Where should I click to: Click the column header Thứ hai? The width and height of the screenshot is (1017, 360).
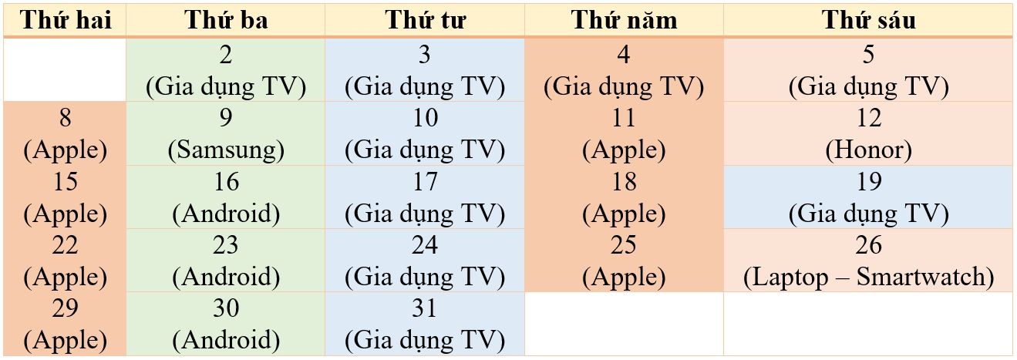pos(65,21)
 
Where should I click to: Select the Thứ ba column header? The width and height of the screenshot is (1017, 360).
pos(226,21)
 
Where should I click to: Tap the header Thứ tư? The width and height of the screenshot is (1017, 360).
pos(425,21)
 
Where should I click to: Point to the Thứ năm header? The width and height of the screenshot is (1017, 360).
pos(625,21)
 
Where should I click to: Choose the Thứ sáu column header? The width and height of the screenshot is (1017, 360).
pos(868,21)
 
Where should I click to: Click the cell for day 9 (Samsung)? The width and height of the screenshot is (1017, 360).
pos(226,133)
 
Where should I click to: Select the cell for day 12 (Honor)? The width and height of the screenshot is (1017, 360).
pos(868,133)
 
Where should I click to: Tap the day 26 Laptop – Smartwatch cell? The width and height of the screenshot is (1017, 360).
pos(868,260)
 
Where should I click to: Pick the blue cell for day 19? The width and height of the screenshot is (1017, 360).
pos(868,197)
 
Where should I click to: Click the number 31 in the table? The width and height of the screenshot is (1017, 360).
pos(425,308)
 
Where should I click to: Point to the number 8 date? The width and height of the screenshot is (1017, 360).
pos(66,118)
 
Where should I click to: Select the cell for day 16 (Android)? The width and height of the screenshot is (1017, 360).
pos(226,197)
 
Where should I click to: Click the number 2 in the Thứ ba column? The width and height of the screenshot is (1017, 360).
pos(226,55)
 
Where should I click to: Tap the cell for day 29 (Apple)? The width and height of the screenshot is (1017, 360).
pos(65,324)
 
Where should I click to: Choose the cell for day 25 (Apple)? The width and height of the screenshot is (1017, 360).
pos(625,260)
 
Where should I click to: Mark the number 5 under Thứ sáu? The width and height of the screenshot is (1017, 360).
pos(868,55)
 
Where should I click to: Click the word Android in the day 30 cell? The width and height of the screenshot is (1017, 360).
pos(226,339)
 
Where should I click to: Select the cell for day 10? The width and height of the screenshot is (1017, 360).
pos(425,133)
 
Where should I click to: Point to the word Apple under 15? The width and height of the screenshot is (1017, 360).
pos(66,214)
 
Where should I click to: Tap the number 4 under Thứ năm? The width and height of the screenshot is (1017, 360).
pos(624,55)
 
